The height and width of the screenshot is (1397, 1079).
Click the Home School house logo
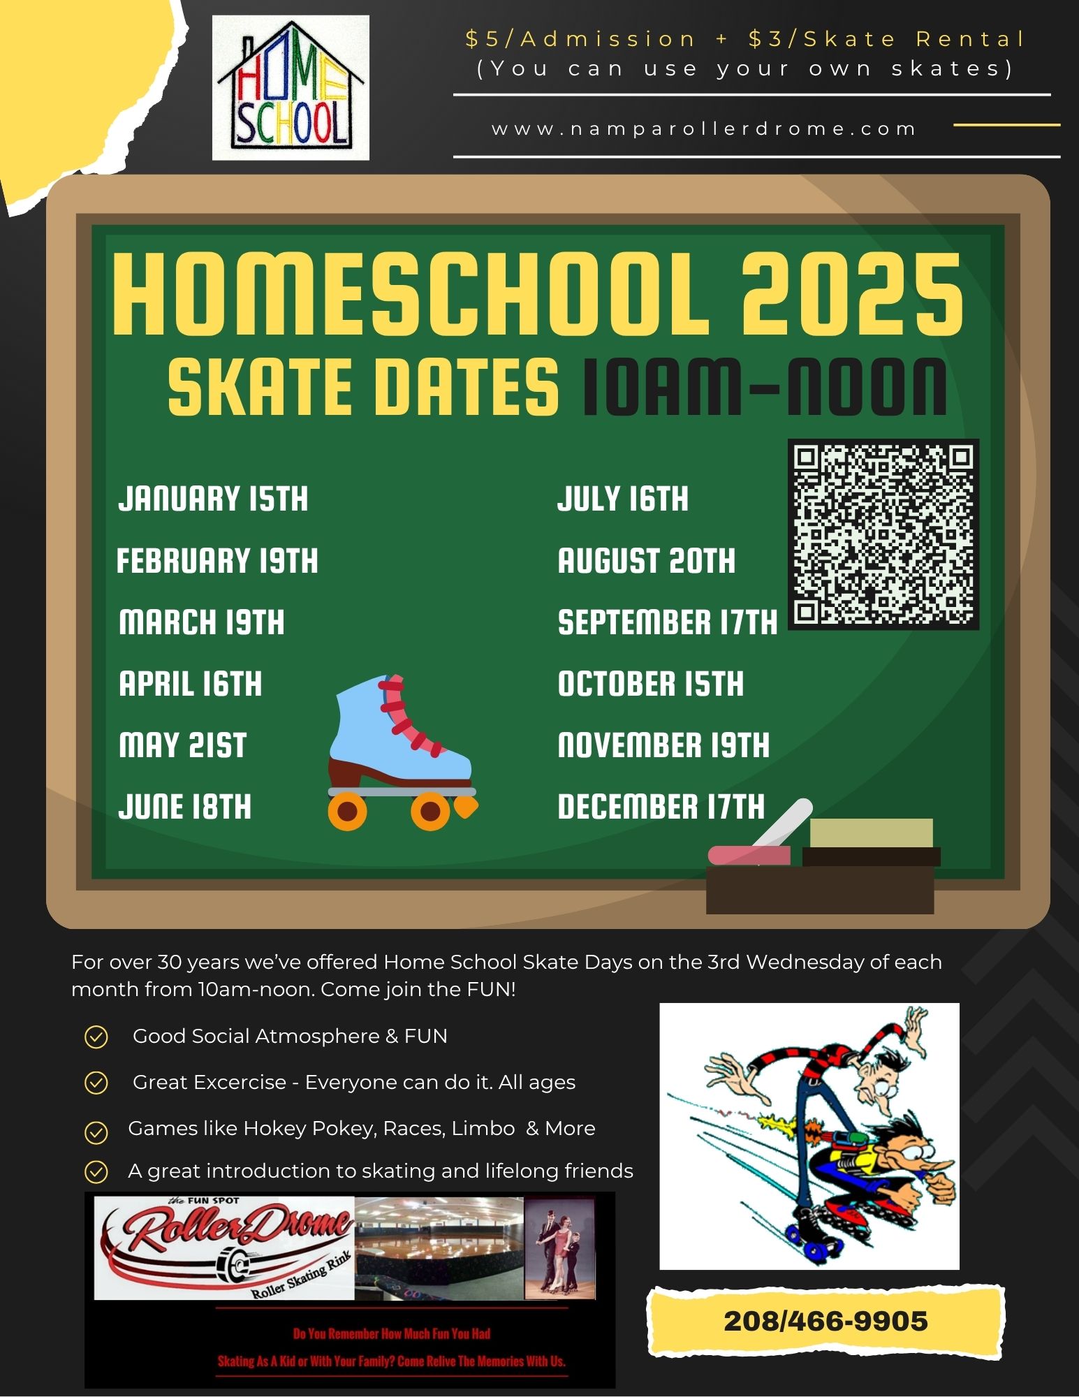291,87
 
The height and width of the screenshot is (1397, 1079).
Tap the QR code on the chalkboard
883,534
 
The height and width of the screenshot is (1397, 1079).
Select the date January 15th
213,499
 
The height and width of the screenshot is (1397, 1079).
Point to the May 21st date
183,745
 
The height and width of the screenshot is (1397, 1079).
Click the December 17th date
661,807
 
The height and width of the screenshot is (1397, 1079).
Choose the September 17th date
667,622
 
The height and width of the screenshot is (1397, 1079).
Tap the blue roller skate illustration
401,747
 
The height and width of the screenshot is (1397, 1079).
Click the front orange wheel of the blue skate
430,811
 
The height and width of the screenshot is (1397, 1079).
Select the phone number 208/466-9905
825,1321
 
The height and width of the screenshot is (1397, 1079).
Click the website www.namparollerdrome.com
704,129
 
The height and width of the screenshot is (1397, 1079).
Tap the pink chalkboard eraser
749,856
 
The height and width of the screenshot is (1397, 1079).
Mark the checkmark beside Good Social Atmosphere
96,1037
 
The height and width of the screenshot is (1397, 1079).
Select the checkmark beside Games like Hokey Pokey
96,1132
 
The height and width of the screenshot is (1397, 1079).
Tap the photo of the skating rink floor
439,1247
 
